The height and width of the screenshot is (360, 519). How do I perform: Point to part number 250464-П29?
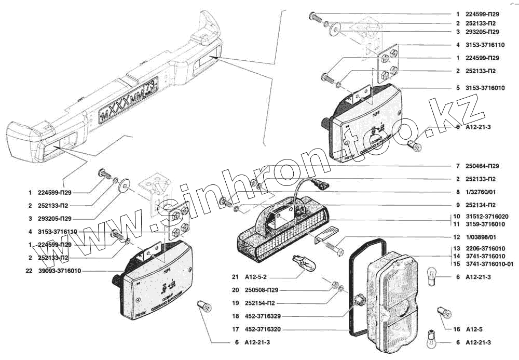pos(482,166)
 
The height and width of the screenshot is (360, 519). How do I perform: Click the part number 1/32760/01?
pos(480,192)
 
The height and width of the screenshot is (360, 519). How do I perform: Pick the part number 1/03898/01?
pos(480,237)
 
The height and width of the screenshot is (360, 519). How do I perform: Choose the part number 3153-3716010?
pos(484,88)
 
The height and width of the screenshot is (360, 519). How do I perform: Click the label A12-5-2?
pos(257,277)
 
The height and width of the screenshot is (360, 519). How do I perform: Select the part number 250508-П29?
pos(262,290)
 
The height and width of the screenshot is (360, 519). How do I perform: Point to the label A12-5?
pos(474,329)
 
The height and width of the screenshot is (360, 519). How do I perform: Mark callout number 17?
pos(235,329)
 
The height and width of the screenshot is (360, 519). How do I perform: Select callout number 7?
pos(457,166)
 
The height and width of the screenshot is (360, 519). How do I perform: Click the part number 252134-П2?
pos(482,205)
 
